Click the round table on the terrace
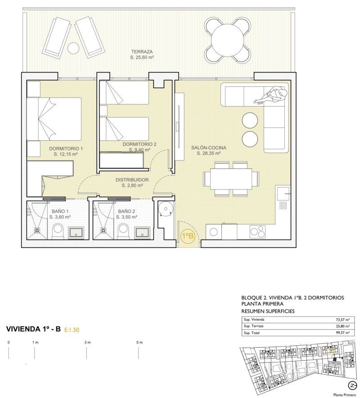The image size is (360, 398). (x=228, y=40)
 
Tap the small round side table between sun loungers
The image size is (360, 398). (x=73, y=48)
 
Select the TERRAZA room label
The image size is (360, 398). (x=142, y=52)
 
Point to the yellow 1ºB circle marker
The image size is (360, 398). (x=187, y=236)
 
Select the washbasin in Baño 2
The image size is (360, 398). (x=142, y=233)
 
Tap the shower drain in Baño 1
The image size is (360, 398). (x=37, y=230)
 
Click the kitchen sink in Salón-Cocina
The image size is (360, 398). (x=283, y=193)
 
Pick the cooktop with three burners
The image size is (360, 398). (x=257, y=231)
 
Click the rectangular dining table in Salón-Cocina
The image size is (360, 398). (x=231, y=179)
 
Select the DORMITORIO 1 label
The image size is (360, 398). (x=66, y=148)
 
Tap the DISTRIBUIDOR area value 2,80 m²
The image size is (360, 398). (x=132, y=186)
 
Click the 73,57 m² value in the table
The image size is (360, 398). (x=343, y=320)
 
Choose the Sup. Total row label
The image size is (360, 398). (x=252, y=333)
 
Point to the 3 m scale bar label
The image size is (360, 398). (x=88, y=342)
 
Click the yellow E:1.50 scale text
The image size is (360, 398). (x=72, y=330)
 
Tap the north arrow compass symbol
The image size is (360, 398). (x=352, y=385)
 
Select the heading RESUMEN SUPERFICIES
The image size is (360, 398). (x=268, y=311)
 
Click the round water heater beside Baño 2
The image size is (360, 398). (x=166, y=209)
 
